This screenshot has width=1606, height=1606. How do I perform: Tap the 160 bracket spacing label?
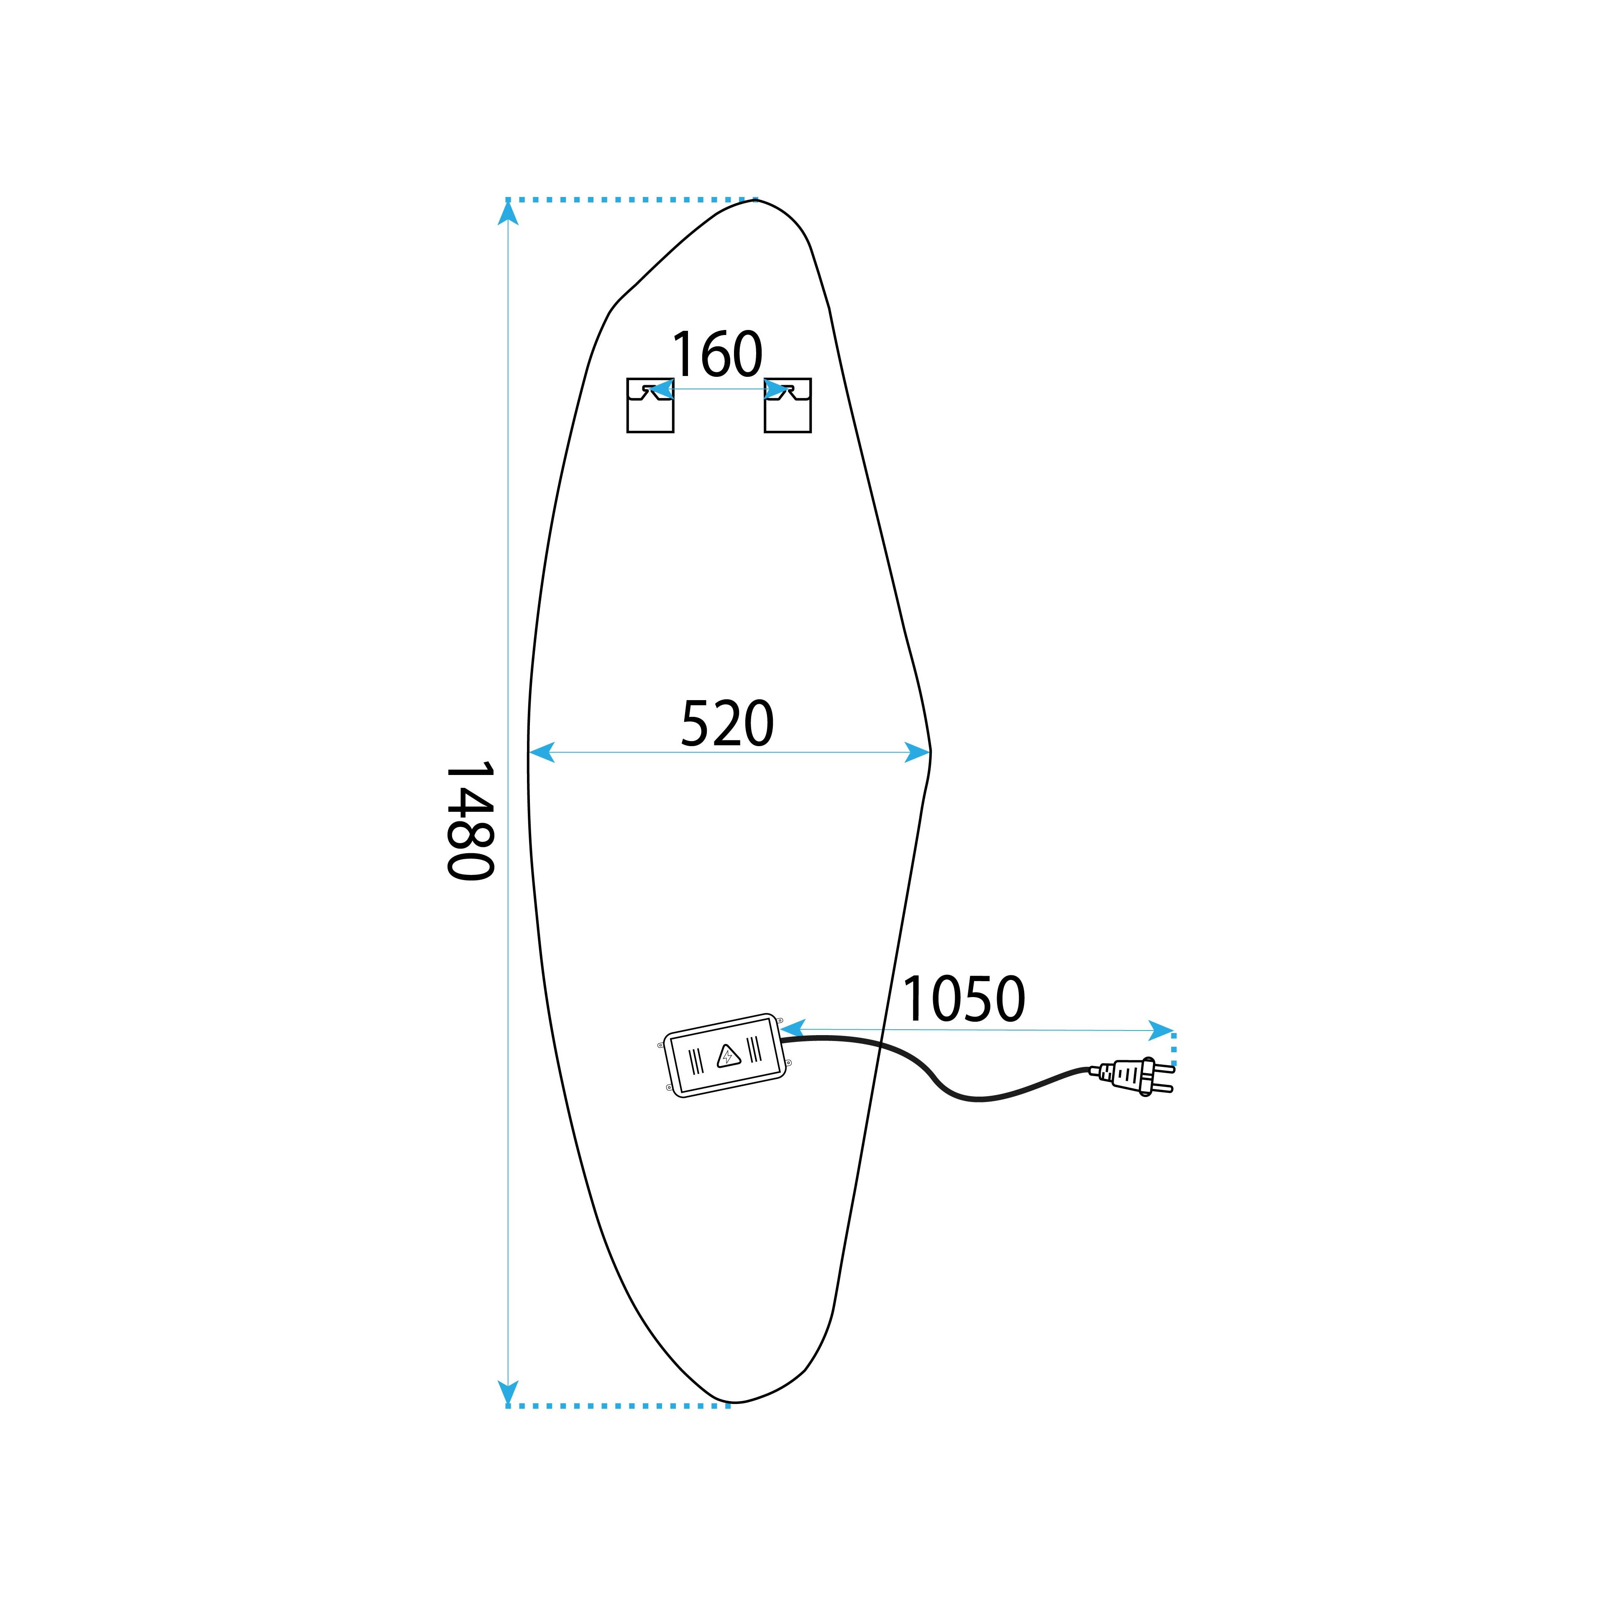716,354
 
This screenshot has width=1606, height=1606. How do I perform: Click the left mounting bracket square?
650,406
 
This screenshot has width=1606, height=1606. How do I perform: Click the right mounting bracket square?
787,406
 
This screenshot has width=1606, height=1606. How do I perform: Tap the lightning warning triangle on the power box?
727,1056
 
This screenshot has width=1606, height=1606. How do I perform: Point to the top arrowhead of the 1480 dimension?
508,213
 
